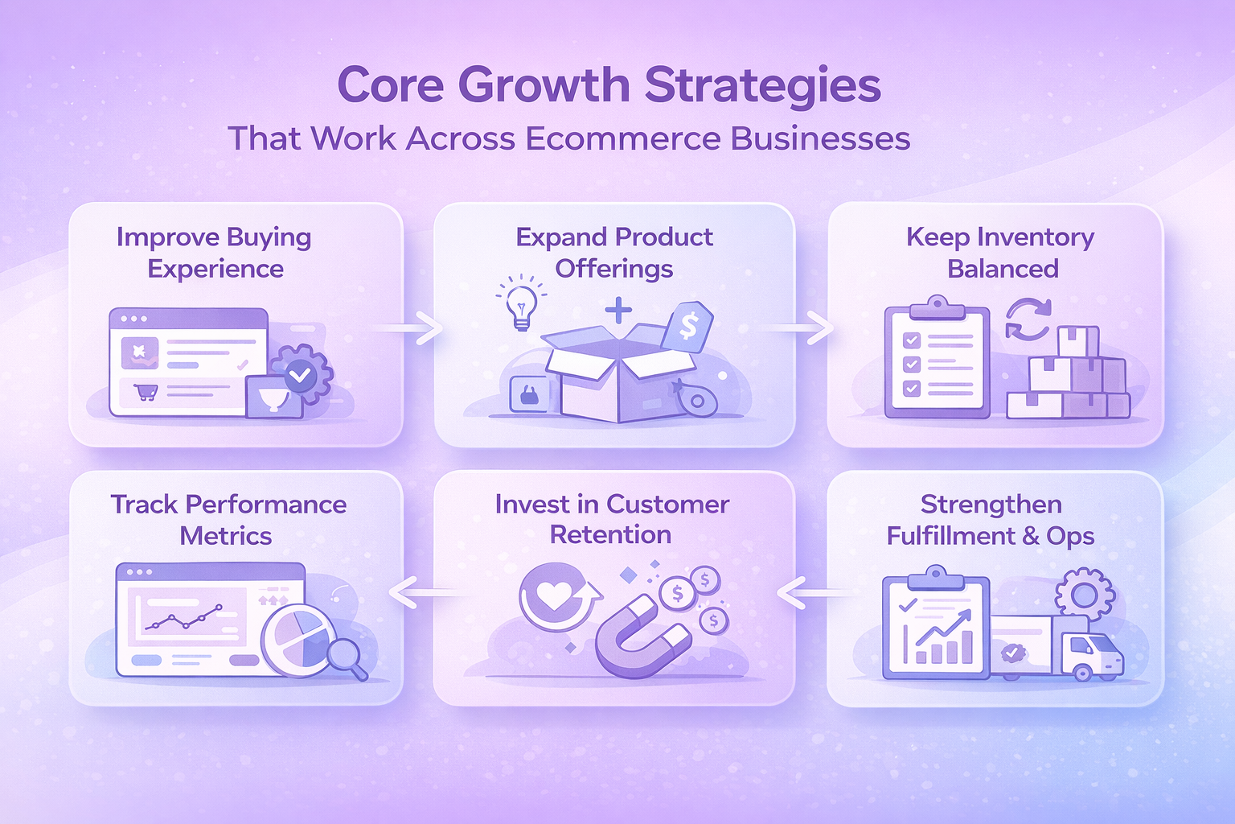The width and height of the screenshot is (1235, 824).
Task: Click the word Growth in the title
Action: pyautogui.click(x=544, y=85)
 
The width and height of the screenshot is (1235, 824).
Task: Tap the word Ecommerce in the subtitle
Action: pyautogui.click(x=622, y=138)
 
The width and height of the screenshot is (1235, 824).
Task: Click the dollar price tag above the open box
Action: pyautogui.click(x=687, y=326)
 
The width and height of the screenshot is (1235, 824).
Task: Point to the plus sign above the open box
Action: pyautogui.click(x=618, y=311)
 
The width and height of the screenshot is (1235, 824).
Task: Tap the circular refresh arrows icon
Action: pyautogui.click(x=1028, y=319)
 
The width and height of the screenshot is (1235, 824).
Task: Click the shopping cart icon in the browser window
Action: pyautogui.click(x=146, y=392)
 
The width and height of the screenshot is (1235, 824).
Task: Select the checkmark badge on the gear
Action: pyautogui.click(x=300, y=377)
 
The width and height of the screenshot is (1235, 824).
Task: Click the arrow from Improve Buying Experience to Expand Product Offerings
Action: pyautogui.click(x=408, y=328)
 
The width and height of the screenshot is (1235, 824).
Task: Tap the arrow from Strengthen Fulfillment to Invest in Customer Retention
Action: pyautogui.click(x=817, y=593)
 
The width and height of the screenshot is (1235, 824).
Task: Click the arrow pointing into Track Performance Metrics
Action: pyautogui.click(x=425, y=593)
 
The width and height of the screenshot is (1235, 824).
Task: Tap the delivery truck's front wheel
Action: pyautogui.click(x=1081, y=672)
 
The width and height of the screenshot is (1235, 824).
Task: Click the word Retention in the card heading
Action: pyautogui.click(x=611, y=534)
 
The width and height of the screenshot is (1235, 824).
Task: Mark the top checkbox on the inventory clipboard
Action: pyautogui.click(x=911, y=340)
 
